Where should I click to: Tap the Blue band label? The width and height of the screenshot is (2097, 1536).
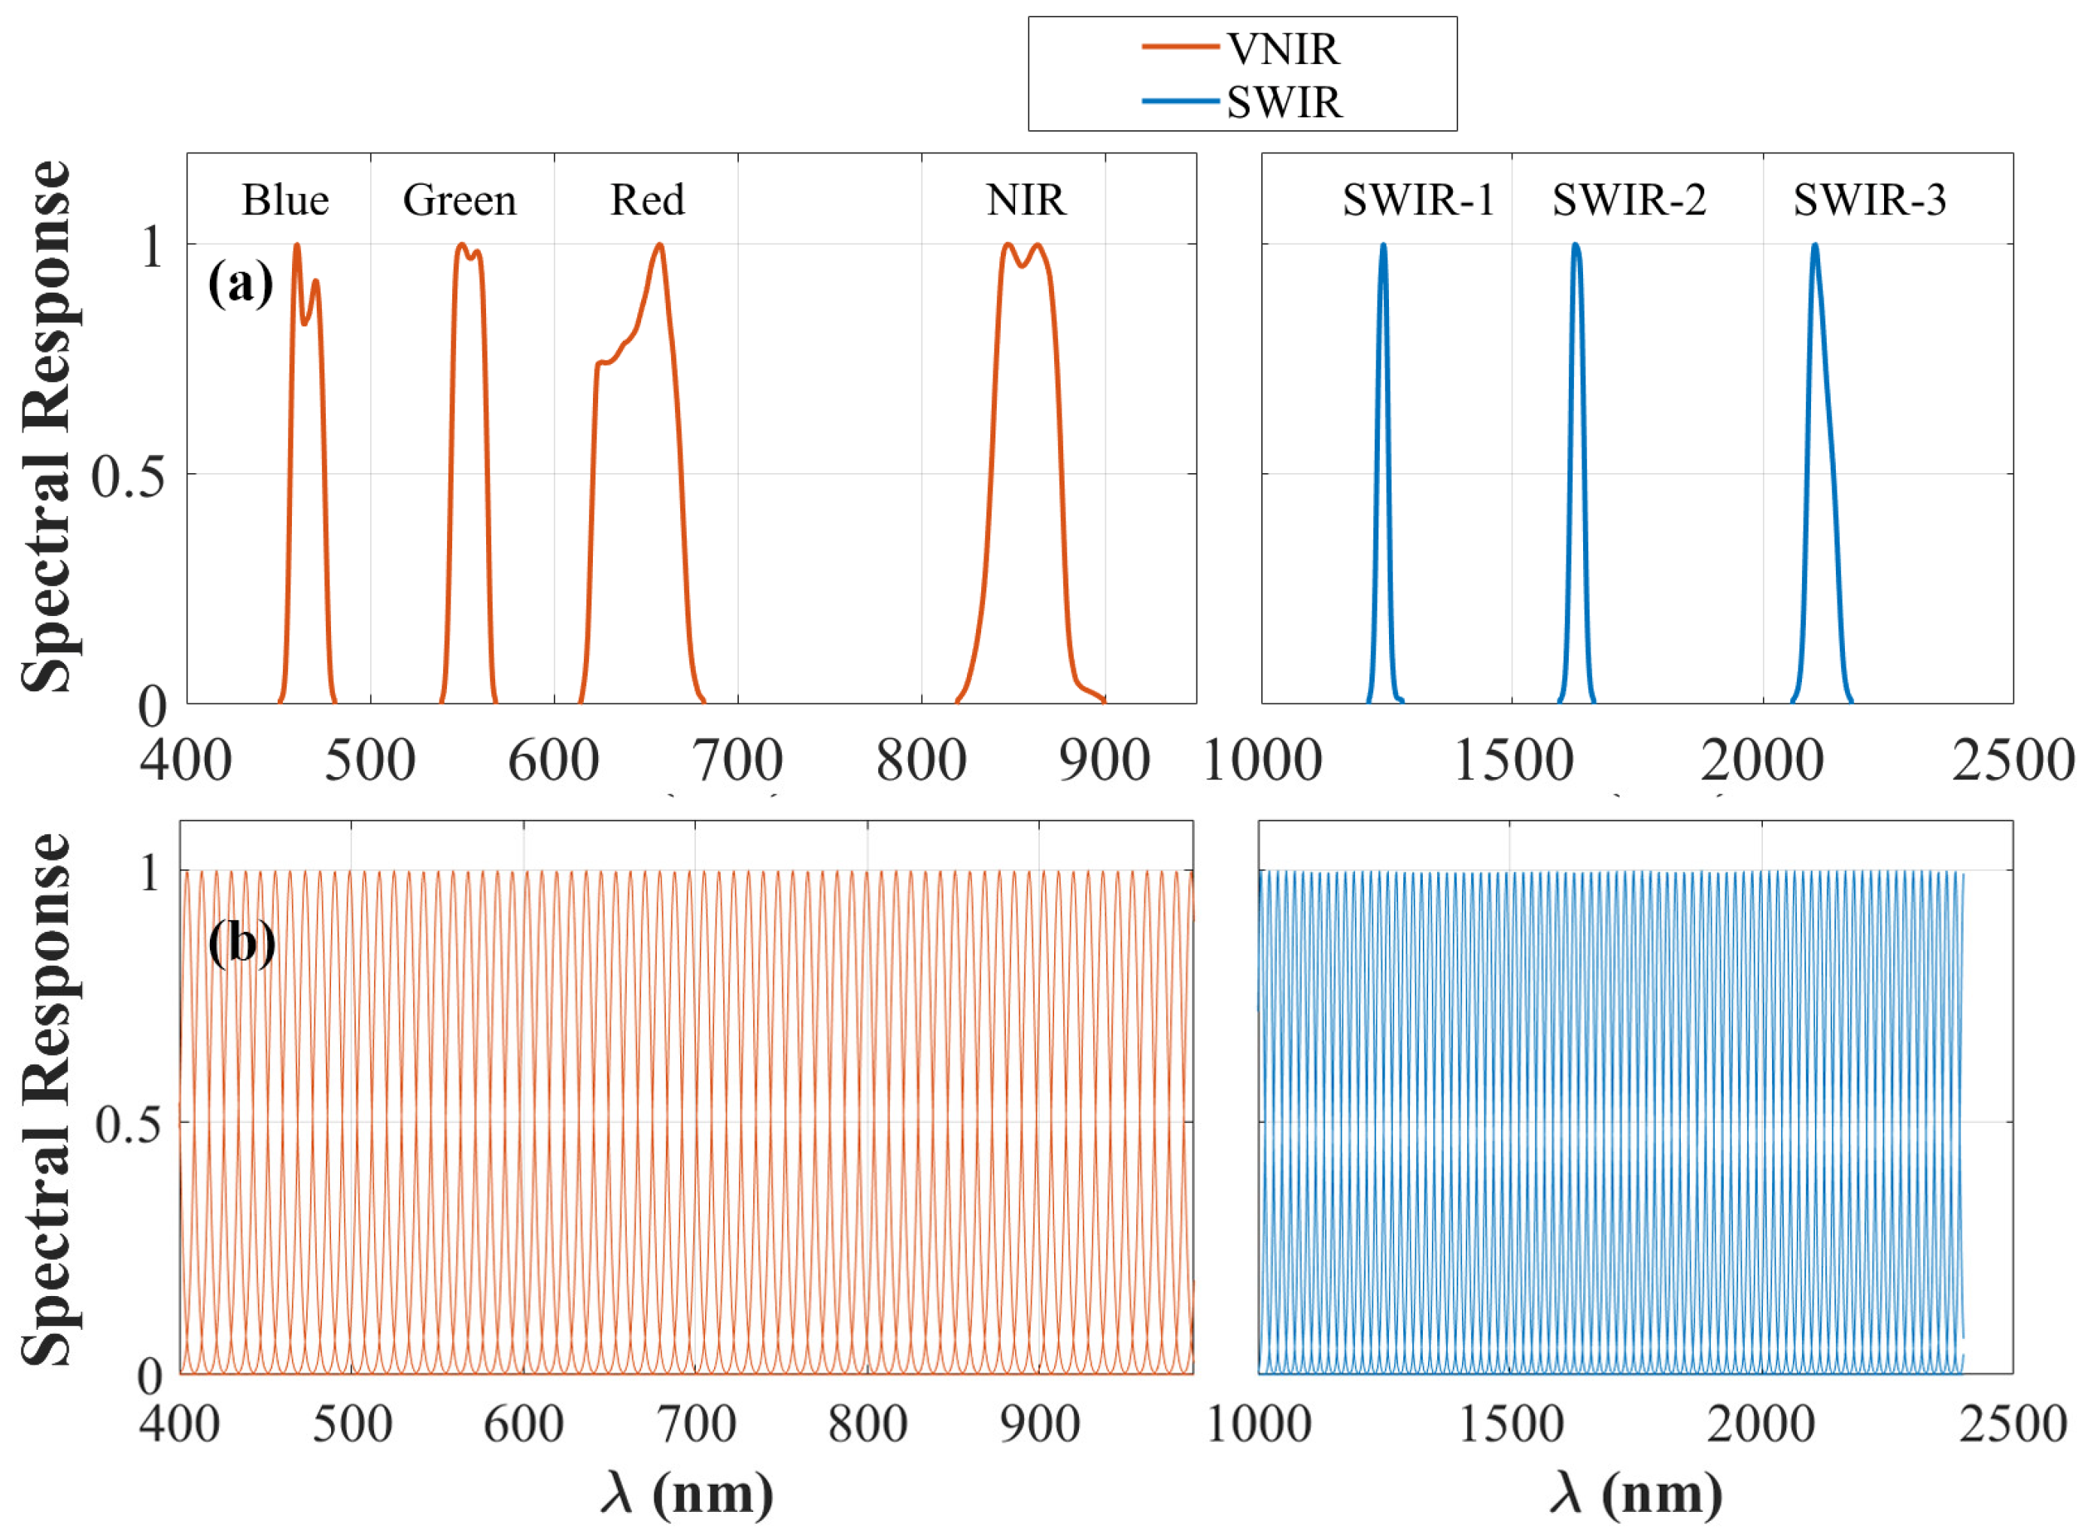coord(285,200)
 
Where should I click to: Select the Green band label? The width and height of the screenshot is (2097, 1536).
coord(460,200)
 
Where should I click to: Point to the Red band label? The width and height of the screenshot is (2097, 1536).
coord(647,200)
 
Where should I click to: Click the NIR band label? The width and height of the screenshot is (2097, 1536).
coord(1026,200)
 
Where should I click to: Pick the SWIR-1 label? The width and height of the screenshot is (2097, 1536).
coord(1418,200)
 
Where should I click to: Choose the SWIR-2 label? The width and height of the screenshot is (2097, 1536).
coord(1628,200)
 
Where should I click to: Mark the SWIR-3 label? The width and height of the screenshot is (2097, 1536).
coord(1869,200)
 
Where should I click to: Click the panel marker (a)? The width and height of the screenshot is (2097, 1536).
coord(240,283)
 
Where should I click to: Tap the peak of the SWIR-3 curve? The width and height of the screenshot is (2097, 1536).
coord(1814,245)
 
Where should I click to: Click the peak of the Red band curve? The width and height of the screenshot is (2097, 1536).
coord(659,245)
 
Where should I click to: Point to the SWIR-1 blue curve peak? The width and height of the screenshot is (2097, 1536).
coord(1383,245)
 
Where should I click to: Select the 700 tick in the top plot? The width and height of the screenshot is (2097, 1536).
coord(738,760)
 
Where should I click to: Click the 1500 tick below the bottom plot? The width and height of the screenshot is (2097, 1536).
coord(1510,1423)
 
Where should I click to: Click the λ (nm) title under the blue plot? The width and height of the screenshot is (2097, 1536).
coord(1636,1493)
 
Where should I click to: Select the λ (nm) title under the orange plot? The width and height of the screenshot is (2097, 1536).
coord(686,1493)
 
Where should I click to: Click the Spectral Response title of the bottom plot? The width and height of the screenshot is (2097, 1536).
coord(47,1099)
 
